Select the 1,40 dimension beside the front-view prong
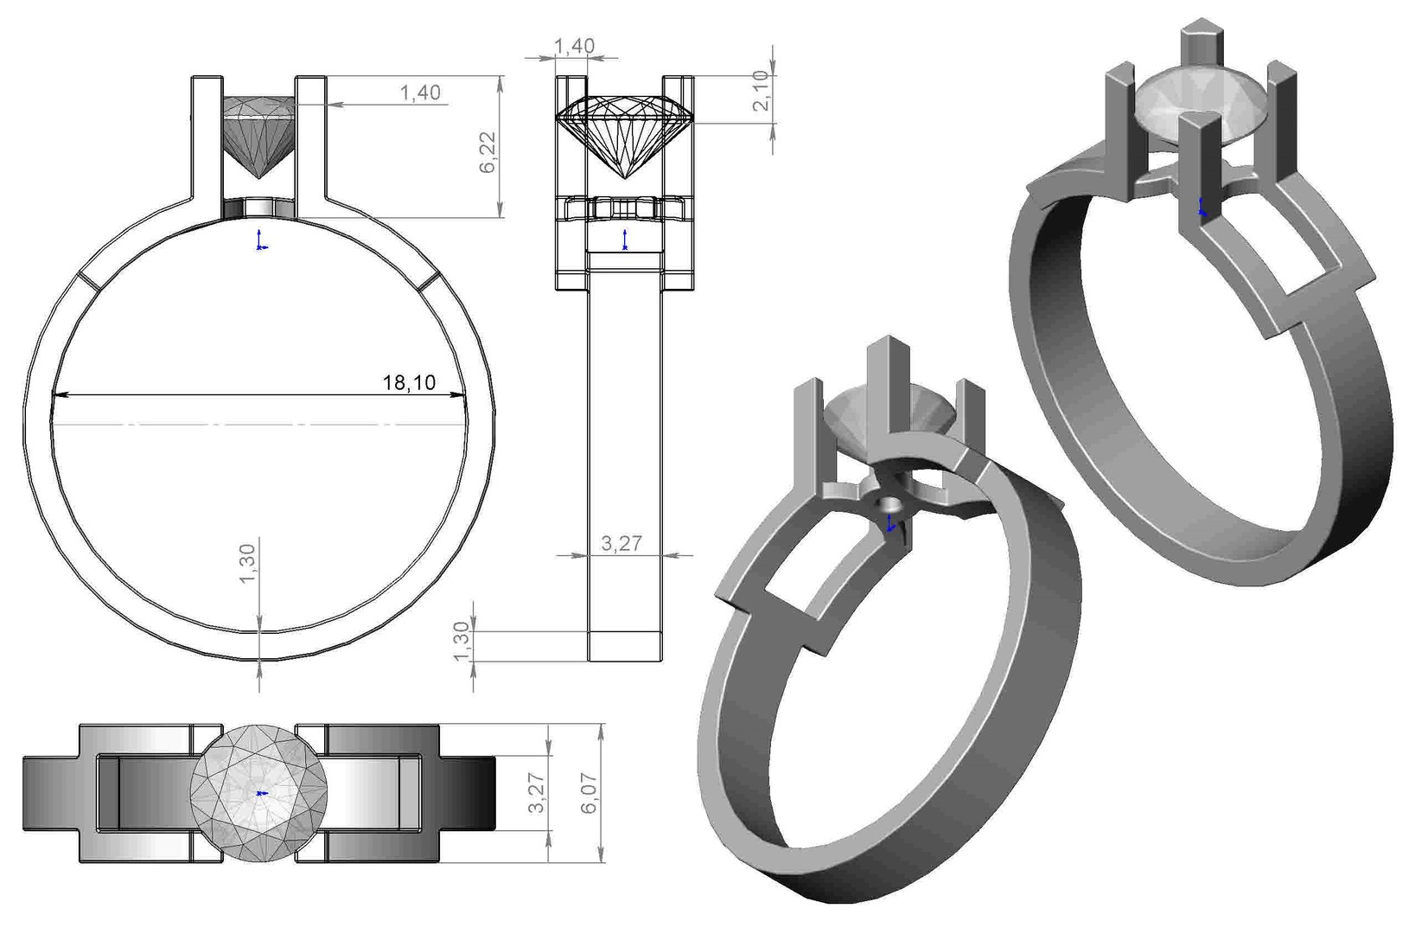tap(420, 93)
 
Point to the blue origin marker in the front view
tap(258, 241)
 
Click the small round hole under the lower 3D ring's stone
tap(888, 503)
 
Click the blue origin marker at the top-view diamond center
tap(262, 793)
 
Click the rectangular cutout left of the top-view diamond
tap(143, 793)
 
